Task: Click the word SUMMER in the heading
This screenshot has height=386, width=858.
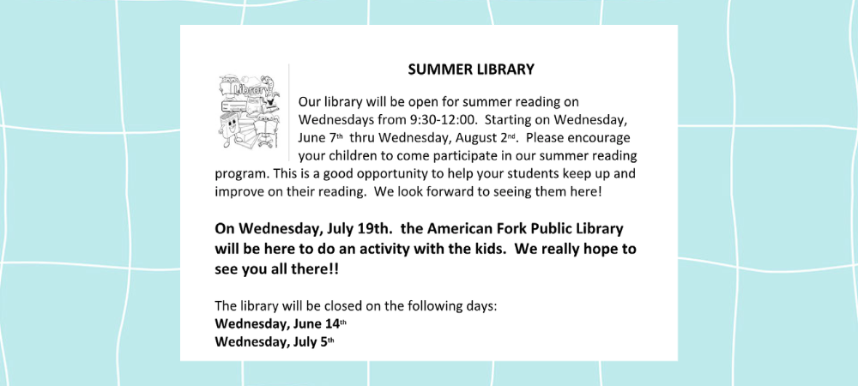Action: point(436,69)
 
